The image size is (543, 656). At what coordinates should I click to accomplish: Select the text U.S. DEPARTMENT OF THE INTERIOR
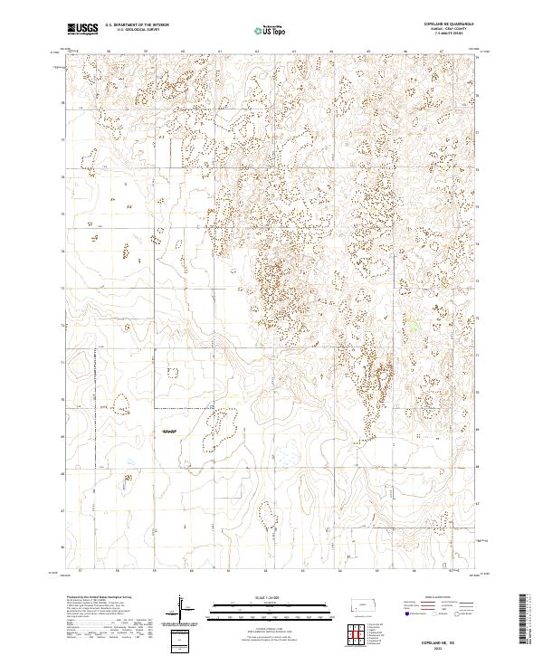pos(137,26)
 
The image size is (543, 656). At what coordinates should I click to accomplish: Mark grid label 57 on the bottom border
pos(81,572)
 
